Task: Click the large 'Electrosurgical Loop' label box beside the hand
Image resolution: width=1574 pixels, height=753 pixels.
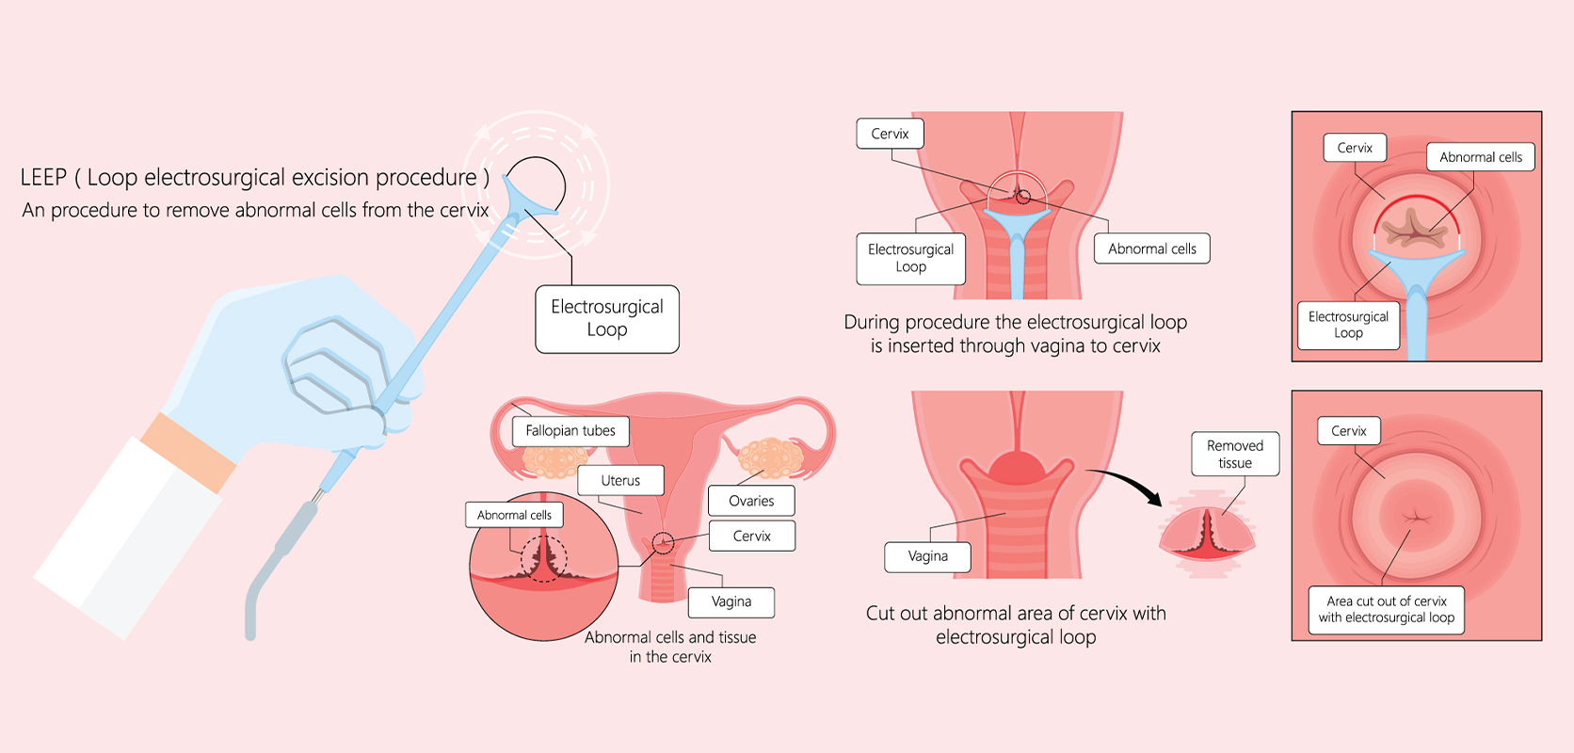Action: pyautogui.click(x=607, y=319)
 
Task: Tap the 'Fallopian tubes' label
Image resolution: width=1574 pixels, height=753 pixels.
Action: pyautogui.click(x=570, y=431)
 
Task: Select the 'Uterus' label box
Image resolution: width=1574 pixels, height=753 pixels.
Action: pyautogui.click(x=620, y=480)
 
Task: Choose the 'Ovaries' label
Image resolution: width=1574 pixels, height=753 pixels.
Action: pyautogui.click(x=751, y=501)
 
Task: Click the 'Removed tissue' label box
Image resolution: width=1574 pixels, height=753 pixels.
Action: pyautogui.click(x=1235, y=455)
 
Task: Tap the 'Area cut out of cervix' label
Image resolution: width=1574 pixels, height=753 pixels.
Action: pyautogui.click(x=1387, y=610)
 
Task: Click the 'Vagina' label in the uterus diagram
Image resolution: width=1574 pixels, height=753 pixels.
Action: pyautogui.click(x=731, y=601)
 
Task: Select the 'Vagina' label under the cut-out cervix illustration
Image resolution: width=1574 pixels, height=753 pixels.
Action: pyautogui.click(x=927, y=556)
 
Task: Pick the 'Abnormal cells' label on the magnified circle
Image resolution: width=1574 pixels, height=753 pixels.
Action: pyautogui.click(x=514, y=515)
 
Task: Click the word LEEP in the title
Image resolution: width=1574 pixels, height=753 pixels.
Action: pyautogui.click(x=43, y=178)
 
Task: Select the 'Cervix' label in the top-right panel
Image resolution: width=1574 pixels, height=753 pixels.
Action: pyautogui.click(x=1355, y=148)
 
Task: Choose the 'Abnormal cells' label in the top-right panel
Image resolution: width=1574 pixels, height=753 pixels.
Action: pyautogui.click(x=1480, y=157)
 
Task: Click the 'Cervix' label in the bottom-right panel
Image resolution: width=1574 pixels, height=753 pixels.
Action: pyautogui.click(x=1348, y=431)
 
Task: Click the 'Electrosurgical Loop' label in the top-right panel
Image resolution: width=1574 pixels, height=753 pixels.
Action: pyautogui.click(x=1348, y=325)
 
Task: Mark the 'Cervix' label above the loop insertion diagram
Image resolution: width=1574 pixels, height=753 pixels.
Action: pyautogui.click(x=890, y=134)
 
